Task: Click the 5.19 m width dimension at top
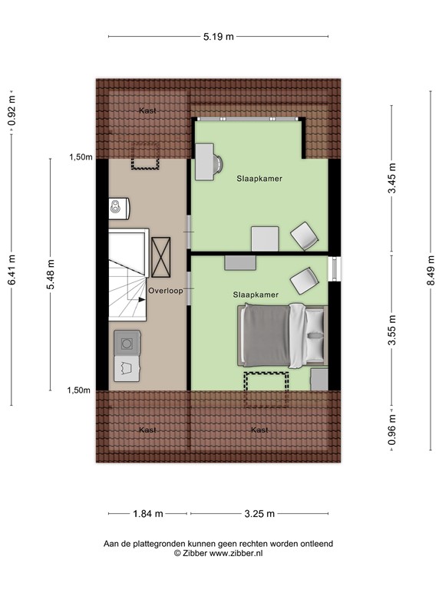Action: click(218, 36)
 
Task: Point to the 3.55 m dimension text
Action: click(392, 330)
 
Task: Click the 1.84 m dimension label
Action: click(148, 514)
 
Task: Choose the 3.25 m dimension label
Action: click(260, 514)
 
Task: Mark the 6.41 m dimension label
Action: click(12, 270)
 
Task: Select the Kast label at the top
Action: click(148, 111)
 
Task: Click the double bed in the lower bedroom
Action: click(283, 334)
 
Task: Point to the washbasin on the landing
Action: click(117, 207)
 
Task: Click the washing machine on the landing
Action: click(127, 341)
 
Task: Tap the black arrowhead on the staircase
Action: click(142, 301)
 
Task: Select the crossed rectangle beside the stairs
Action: click(161, 256)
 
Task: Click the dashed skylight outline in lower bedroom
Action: click(266, 387)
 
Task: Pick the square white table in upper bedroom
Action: click(266, 239)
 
